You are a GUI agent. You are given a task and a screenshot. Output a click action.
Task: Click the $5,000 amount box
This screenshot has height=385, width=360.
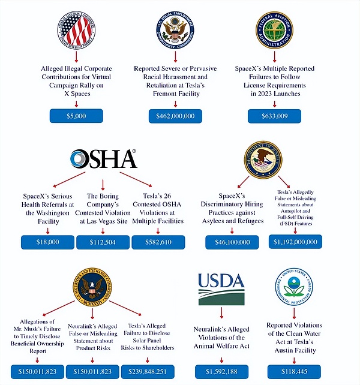tap(76, 116)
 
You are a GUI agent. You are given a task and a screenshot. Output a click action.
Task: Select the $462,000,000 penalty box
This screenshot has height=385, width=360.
tap(175, 116)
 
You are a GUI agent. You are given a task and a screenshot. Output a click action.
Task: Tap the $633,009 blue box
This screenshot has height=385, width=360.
tap(274, 116)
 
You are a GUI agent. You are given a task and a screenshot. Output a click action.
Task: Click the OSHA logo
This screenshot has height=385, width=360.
tap(103, 160)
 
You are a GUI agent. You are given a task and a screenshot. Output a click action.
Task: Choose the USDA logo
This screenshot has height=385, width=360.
tap(221, 287)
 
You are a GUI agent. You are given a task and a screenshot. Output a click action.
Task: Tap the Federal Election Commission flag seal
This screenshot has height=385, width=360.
tap(76, 29)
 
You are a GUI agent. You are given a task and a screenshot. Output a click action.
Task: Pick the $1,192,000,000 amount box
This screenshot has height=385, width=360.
tap(295, 242)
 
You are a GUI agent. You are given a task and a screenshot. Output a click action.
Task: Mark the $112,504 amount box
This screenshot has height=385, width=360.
tap(102, 242)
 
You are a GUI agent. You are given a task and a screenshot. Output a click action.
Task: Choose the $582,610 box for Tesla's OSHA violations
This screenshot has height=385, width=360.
tap(158, 242)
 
